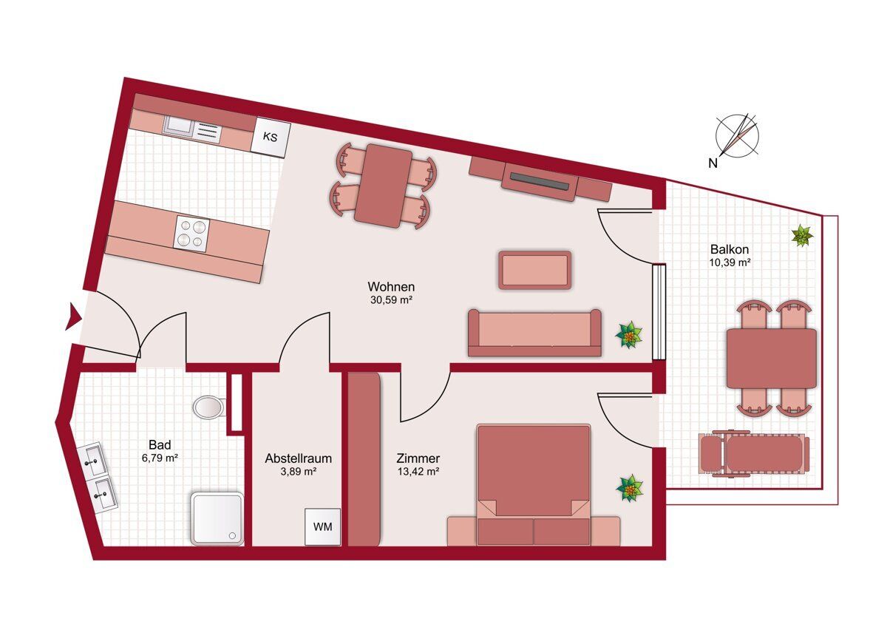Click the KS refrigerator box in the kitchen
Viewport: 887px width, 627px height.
[271, 138]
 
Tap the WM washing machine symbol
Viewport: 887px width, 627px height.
[323, 526]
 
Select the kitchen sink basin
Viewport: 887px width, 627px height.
[178, 127]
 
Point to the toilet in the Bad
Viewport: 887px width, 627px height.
[208, 407]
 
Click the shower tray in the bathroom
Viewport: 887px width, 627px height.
[217, 518]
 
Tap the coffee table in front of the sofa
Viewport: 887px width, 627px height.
[535, 270]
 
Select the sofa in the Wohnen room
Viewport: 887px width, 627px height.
[534, 333]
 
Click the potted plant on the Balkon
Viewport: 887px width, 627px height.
[802, 236]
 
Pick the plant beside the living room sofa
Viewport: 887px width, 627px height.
[629, 335]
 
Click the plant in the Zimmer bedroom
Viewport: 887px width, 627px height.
[630, 489]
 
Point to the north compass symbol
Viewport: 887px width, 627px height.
[737, 137]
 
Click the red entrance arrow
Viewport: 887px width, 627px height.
[74, 316]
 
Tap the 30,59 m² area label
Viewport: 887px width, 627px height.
[391, 300]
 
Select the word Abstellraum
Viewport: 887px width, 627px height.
[298, 458]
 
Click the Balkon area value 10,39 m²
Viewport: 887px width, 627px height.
[730, 262]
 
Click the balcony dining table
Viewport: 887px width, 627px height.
[772, 359]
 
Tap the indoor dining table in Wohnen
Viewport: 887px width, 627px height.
[383, 186]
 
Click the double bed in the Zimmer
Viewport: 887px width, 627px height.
[534, 485]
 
